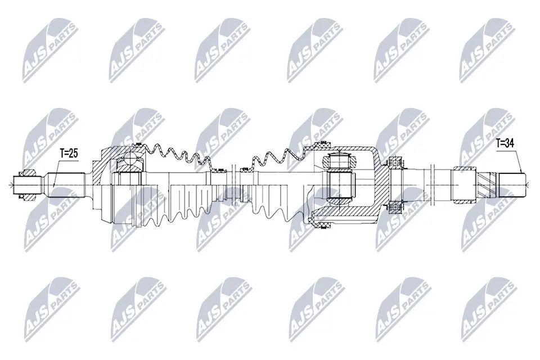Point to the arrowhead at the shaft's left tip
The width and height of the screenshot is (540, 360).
pos(14,182)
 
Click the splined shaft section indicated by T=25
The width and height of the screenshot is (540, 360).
pos(65,182)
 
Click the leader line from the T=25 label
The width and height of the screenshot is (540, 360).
pos(57,169)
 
